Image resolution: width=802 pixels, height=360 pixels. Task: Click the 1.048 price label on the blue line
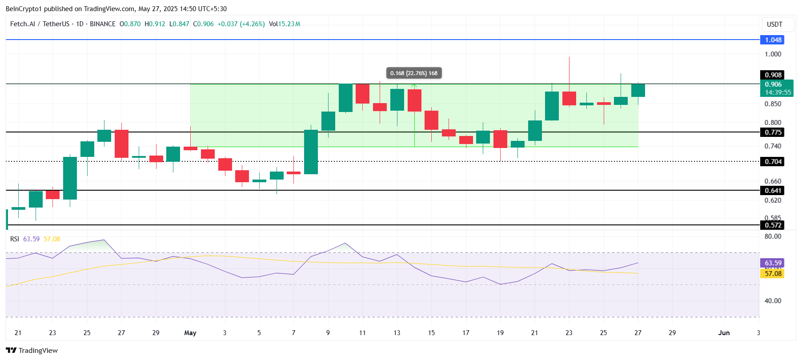pos(773,40)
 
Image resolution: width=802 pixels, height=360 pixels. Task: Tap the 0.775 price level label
pos(773,132)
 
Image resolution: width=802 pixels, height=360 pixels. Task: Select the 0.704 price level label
pos(773,162)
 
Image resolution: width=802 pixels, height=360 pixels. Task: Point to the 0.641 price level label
pos(773,191)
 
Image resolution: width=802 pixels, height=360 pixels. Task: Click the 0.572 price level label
pos(773,225)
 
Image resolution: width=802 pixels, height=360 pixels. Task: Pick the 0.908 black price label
pos(773,75)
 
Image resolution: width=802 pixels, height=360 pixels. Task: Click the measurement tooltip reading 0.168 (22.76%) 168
pos(413,73)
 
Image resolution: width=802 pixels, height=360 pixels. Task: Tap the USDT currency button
pos(774,24)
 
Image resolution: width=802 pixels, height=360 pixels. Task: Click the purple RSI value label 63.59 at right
pos(773,263)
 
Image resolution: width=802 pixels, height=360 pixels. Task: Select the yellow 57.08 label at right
pos(773,274)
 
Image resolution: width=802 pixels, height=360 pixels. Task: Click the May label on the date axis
pos(190,333)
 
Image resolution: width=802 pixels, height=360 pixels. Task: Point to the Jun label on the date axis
pos(724,333)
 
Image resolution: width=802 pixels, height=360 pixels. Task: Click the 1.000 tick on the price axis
pos(773,54)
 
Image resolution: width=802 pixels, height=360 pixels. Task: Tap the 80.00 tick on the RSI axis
pos(773,236)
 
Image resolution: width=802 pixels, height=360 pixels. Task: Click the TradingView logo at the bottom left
pos(32,351)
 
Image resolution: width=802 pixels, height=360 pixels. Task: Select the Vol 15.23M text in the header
pos(285,24)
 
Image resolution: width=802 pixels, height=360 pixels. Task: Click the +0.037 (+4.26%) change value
pos(241,24)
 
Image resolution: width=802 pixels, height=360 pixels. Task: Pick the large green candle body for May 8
pos(311,152)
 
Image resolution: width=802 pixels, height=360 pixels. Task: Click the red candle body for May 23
pos(569,98)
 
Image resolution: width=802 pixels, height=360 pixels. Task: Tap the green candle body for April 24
pos(70,178)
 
